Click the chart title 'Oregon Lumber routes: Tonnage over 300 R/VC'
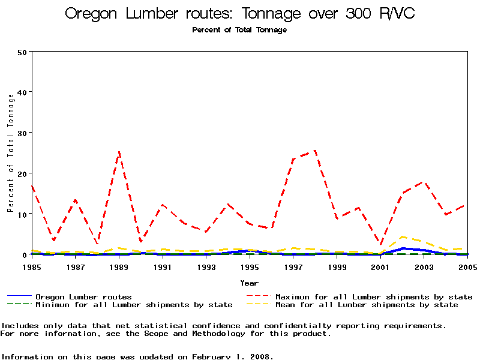point(239,14)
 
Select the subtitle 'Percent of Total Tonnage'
point(239,30)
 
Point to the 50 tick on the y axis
point(23,52)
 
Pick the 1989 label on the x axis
point(119,266)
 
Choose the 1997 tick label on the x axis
point(293,266)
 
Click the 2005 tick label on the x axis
point(467,266)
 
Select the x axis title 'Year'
point(249,283)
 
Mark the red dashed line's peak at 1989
point(119,152)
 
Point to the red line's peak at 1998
point(315,151)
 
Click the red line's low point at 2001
point(380,245)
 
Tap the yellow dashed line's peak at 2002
point(402,236)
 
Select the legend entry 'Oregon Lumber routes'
point(83,296)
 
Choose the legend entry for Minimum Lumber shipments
point(134,305)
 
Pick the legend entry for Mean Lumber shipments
point(367,305)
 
